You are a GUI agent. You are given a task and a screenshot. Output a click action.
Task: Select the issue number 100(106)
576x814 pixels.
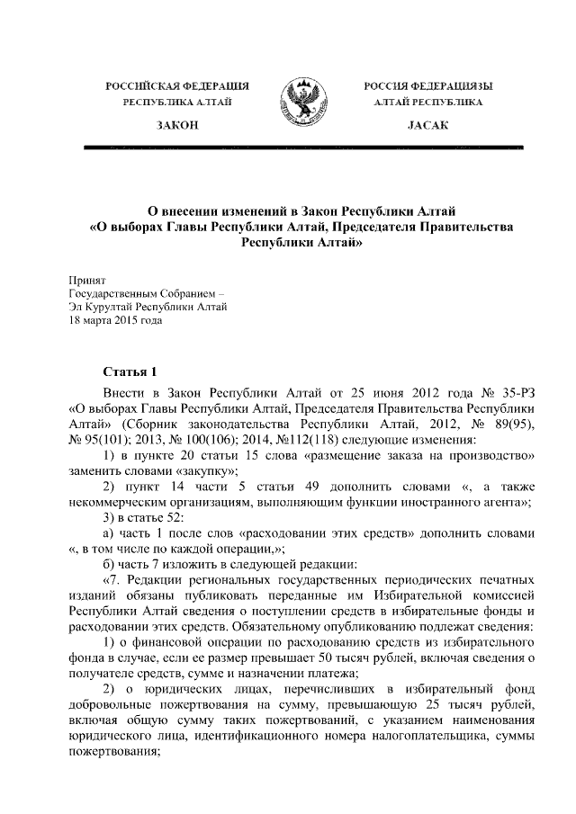[x=208, y=440]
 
